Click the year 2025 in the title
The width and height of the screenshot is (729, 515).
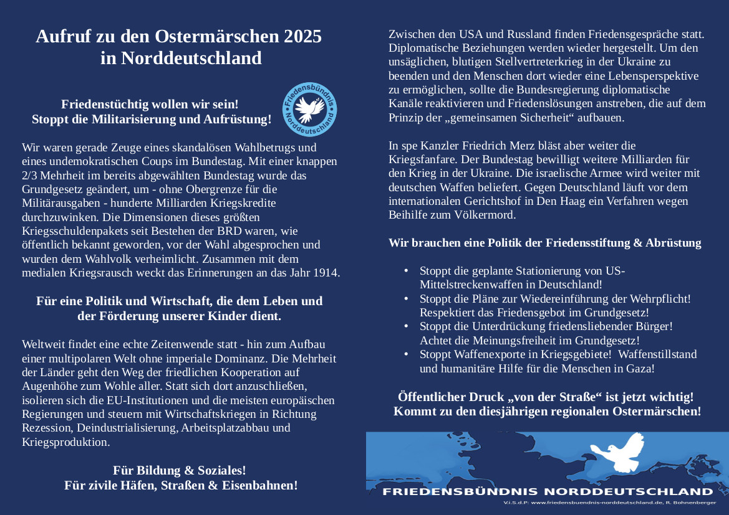[x=302, y=37]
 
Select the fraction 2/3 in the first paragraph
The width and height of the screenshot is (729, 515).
[x=30, y=176]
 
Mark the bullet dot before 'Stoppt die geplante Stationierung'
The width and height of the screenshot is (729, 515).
[x=407, y=271]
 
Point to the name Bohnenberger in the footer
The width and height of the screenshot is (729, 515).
[x=697, y=503]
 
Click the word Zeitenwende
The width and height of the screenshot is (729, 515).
[x=165, y=344]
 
